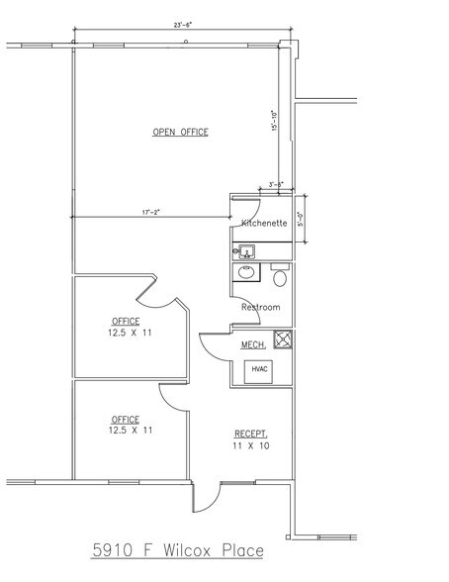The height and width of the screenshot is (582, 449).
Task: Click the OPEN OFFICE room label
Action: click(181, 133)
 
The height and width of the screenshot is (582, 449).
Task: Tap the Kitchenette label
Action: click(264, 224)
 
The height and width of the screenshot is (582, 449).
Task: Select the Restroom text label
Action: click(260, 307)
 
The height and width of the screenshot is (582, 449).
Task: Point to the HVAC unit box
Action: click(260, 369)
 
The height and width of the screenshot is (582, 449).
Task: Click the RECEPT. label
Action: click(249, 435)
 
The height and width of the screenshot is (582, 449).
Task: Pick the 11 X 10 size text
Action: click(251, 446)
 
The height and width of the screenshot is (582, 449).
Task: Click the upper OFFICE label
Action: click(125, 322)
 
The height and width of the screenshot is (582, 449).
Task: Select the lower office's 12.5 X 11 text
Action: click(126, 431)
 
